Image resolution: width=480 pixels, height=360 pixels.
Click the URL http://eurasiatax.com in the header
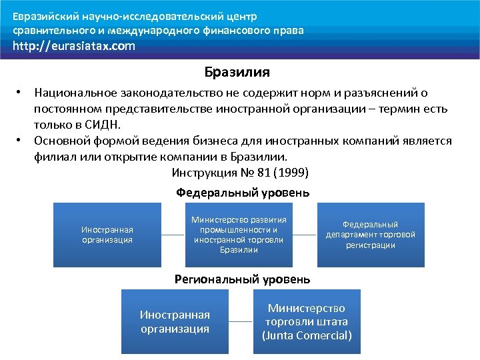pyautogui.click(x=74, y=46)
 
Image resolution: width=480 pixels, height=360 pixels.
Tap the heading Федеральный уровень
pyautogui.click(x=242, y=193)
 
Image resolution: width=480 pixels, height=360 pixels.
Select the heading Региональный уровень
pyautogui.click(x=242, y=279)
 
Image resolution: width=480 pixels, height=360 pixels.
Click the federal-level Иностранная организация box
pyautogui.click(x=107, y=235)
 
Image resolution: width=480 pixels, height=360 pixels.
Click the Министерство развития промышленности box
pyautogui.click(x=239, y=235)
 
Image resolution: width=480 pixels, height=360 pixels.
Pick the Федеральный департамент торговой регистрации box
pyautogui.click(x=370, y=235)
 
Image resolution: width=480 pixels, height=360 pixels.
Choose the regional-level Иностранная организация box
pyautogui.click(x=175, y=321)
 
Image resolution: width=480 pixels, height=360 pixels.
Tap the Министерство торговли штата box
pyautogui.click(x=307, y=321)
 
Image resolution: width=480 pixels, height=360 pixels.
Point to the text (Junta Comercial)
pyautogui.click(x=307, y=335)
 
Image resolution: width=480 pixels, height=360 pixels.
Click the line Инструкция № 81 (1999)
pyautogui.click(x=240, y=173)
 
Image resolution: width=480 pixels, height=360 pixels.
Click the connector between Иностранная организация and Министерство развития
pyautogui.click(x=173, y=235)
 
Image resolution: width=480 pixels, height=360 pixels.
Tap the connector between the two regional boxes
pyautogui.click(x=241, y=321)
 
